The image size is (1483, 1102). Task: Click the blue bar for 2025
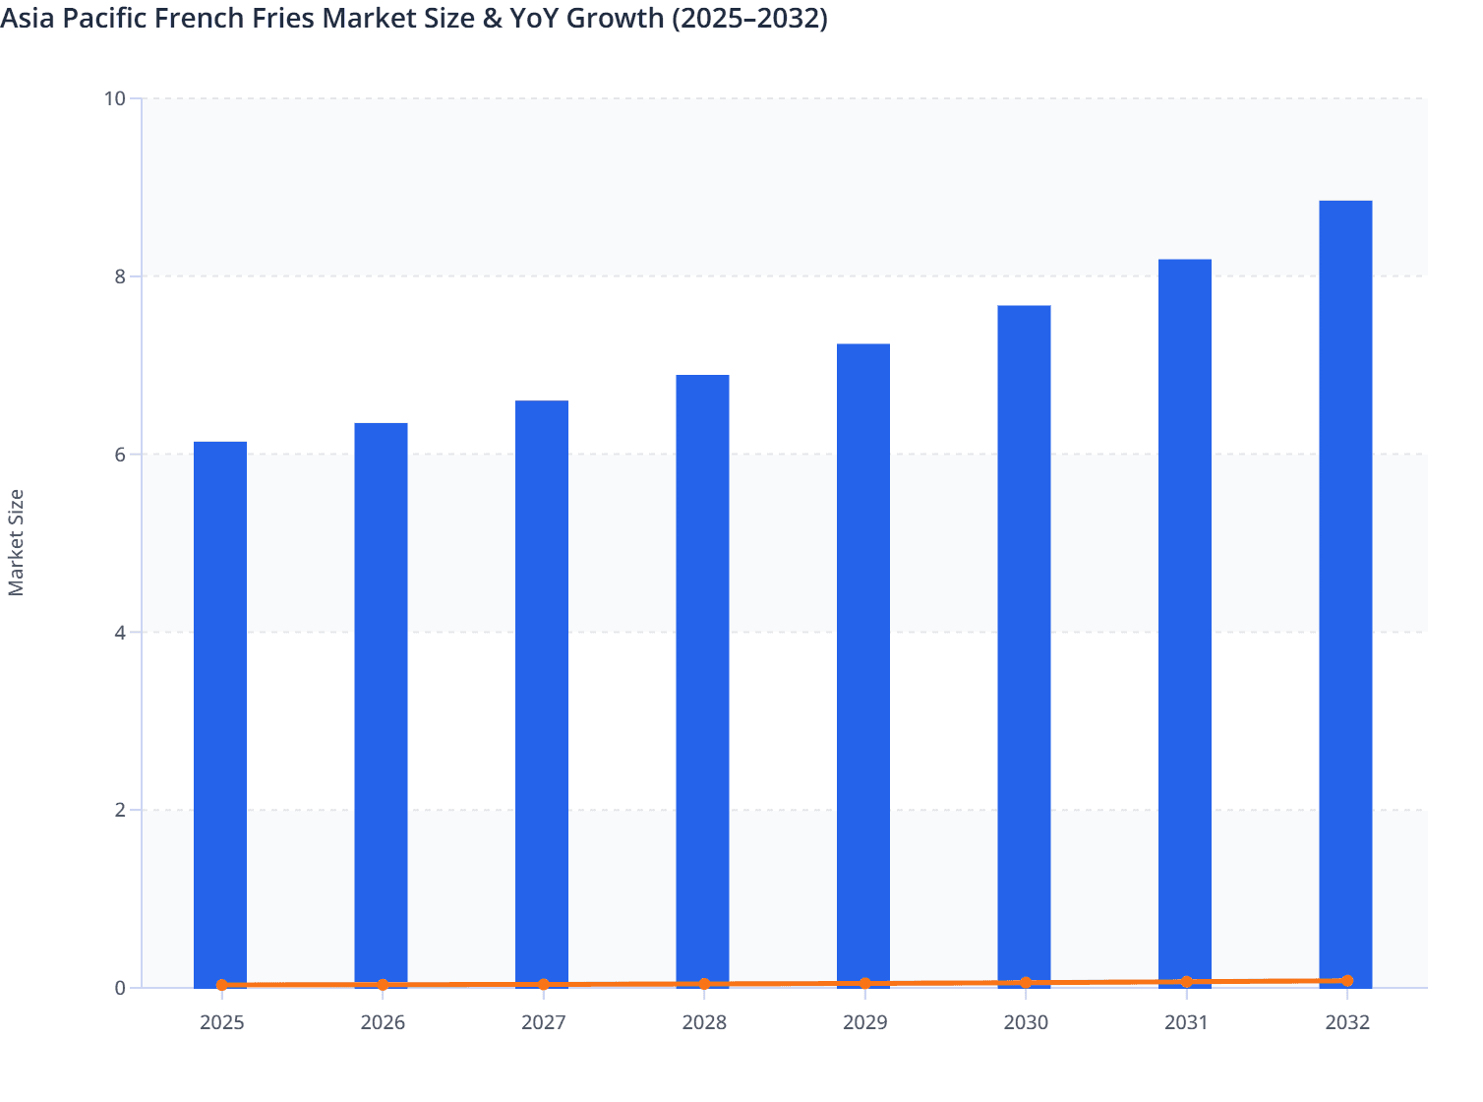pyautogui.click(x=220, y=713)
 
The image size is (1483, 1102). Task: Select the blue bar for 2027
pyautogui.click(x=542, y=694)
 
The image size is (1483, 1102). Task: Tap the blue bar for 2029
pyautogui.click(x=863, y=665)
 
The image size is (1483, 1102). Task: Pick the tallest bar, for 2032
pyautogui.click(x=1345, y=593)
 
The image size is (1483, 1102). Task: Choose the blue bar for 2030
pyautogui.click(x=1024, y=645)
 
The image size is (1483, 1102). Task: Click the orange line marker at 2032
pyautogui.click(x=1346, y=981)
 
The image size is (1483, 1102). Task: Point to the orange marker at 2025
pyautogui.click(x=221, y=985)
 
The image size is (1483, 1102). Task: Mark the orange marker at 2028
pyautogui.click(x=704, y=984)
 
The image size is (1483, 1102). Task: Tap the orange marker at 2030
pyautogui.click(x=1026, y=983)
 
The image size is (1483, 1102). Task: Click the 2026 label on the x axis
pyautogui.click(x=383, y=1022)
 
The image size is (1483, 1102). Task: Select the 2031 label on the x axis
pyautogui.click(x=1186, y=1022)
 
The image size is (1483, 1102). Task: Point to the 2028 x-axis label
pyautogui.click(x=704, y=1022)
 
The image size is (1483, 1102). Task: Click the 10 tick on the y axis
pyautogui.click(x=115, y=98)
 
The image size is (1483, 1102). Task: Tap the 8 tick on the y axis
pyautogui.click(x=120, y=276)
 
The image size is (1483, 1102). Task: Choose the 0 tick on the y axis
pyautogui.click(x=120, y=988)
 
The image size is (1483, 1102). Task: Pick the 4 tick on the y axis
pyautogui.click(x=120, y=633)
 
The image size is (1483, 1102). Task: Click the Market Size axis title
pyautogui.click(x=17, y=543)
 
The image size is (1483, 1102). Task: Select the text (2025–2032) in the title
pyautogui.click(x=749, y=18)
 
